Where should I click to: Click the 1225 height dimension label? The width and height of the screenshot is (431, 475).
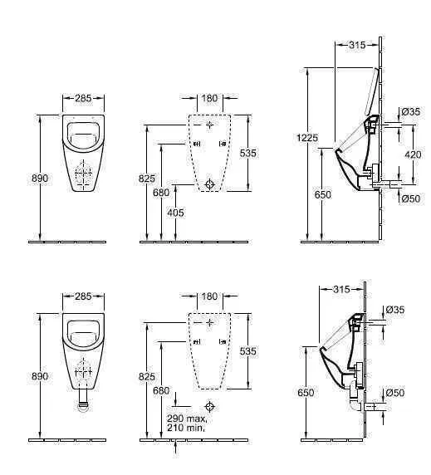coord(308,138)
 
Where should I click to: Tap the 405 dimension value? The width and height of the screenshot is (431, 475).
coord(176,213)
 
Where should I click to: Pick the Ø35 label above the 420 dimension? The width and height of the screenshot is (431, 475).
coord(409,112)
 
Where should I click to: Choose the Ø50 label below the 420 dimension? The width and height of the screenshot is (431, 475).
coord(409,198)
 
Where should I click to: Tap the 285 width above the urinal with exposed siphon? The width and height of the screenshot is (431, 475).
coord(83,296)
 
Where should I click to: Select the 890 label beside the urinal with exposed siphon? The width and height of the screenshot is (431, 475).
coord(39,376)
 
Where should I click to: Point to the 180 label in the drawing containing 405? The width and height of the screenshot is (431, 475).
coord(209,98)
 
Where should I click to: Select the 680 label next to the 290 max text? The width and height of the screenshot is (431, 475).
coord(161,390)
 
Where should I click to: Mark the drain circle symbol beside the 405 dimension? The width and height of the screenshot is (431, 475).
coord(210,184)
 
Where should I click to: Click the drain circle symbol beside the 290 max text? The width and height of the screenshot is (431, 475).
coord(210,407)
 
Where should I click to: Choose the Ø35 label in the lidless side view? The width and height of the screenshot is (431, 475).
coord(397,310)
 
